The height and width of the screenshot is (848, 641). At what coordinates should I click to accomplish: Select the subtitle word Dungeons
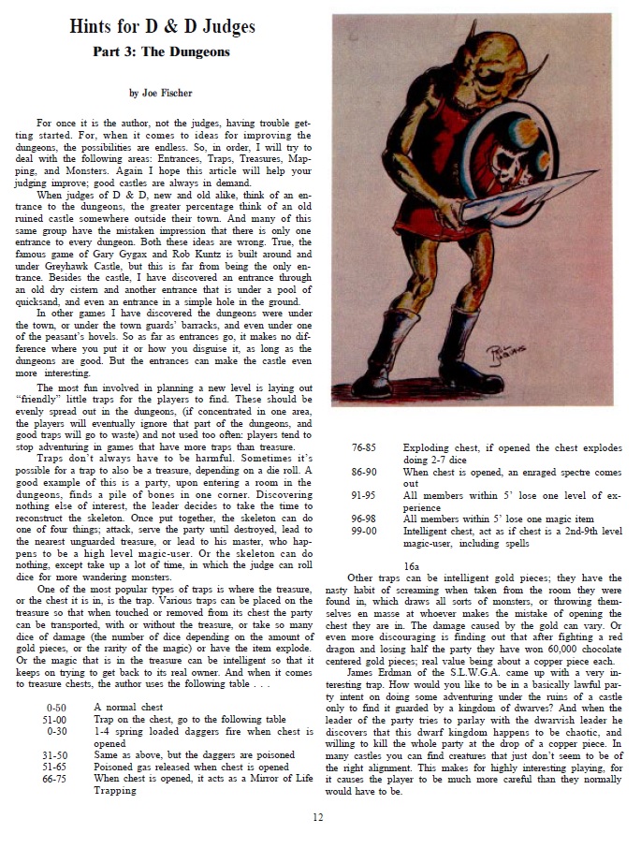[x=192, y=51]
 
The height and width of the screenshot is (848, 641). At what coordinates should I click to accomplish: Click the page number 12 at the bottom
[x=318, y=817]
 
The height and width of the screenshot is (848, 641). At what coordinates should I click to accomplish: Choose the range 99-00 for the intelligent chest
[x=364, y=530]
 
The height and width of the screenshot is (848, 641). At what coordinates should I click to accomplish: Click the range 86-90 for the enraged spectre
[x=364, y=474]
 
